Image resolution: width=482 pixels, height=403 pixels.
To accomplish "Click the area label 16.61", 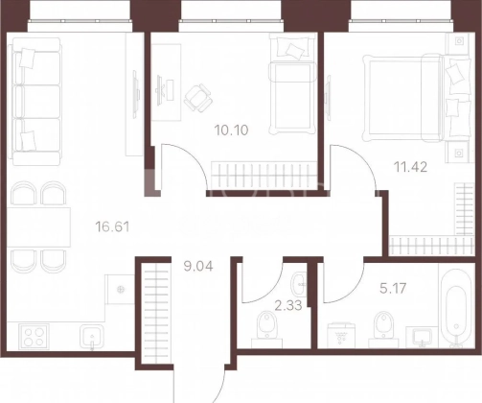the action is [112, 227].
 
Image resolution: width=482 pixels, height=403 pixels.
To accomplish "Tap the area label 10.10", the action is [232, 130].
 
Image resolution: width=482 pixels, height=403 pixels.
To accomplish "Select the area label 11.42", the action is [410, 167].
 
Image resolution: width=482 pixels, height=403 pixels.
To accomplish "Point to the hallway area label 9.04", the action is [198, 266].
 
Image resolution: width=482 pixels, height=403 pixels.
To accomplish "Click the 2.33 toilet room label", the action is [288, 305].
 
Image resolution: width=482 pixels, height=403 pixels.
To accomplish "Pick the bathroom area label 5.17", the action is [393, 288].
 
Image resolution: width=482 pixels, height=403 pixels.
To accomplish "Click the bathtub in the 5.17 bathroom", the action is [456, 308].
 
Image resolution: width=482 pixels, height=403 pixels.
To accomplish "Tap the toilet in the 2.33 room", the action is [266, 325].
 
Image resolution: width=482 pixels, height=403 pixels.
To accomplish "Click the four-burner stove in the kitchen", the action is [34, 337].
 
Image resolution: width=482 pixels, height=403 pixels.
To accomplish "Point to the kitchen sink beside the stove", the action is [92, 337].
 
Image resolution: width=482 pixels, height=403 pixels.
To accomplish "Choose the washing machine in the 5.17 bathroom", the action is [341, 335].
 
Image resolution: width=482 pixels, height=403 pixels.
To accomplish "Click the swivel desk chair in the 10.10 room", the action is [198, 97].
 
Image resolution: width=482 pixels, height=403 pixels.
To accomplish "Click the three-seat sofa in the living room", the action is [35, 102].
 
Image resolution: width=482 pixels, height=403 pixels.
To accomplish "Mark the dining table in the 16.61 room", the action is [38, 227].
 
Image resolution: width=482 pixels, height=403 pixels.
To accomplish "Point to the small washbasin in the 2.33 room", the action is [299, 284].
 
